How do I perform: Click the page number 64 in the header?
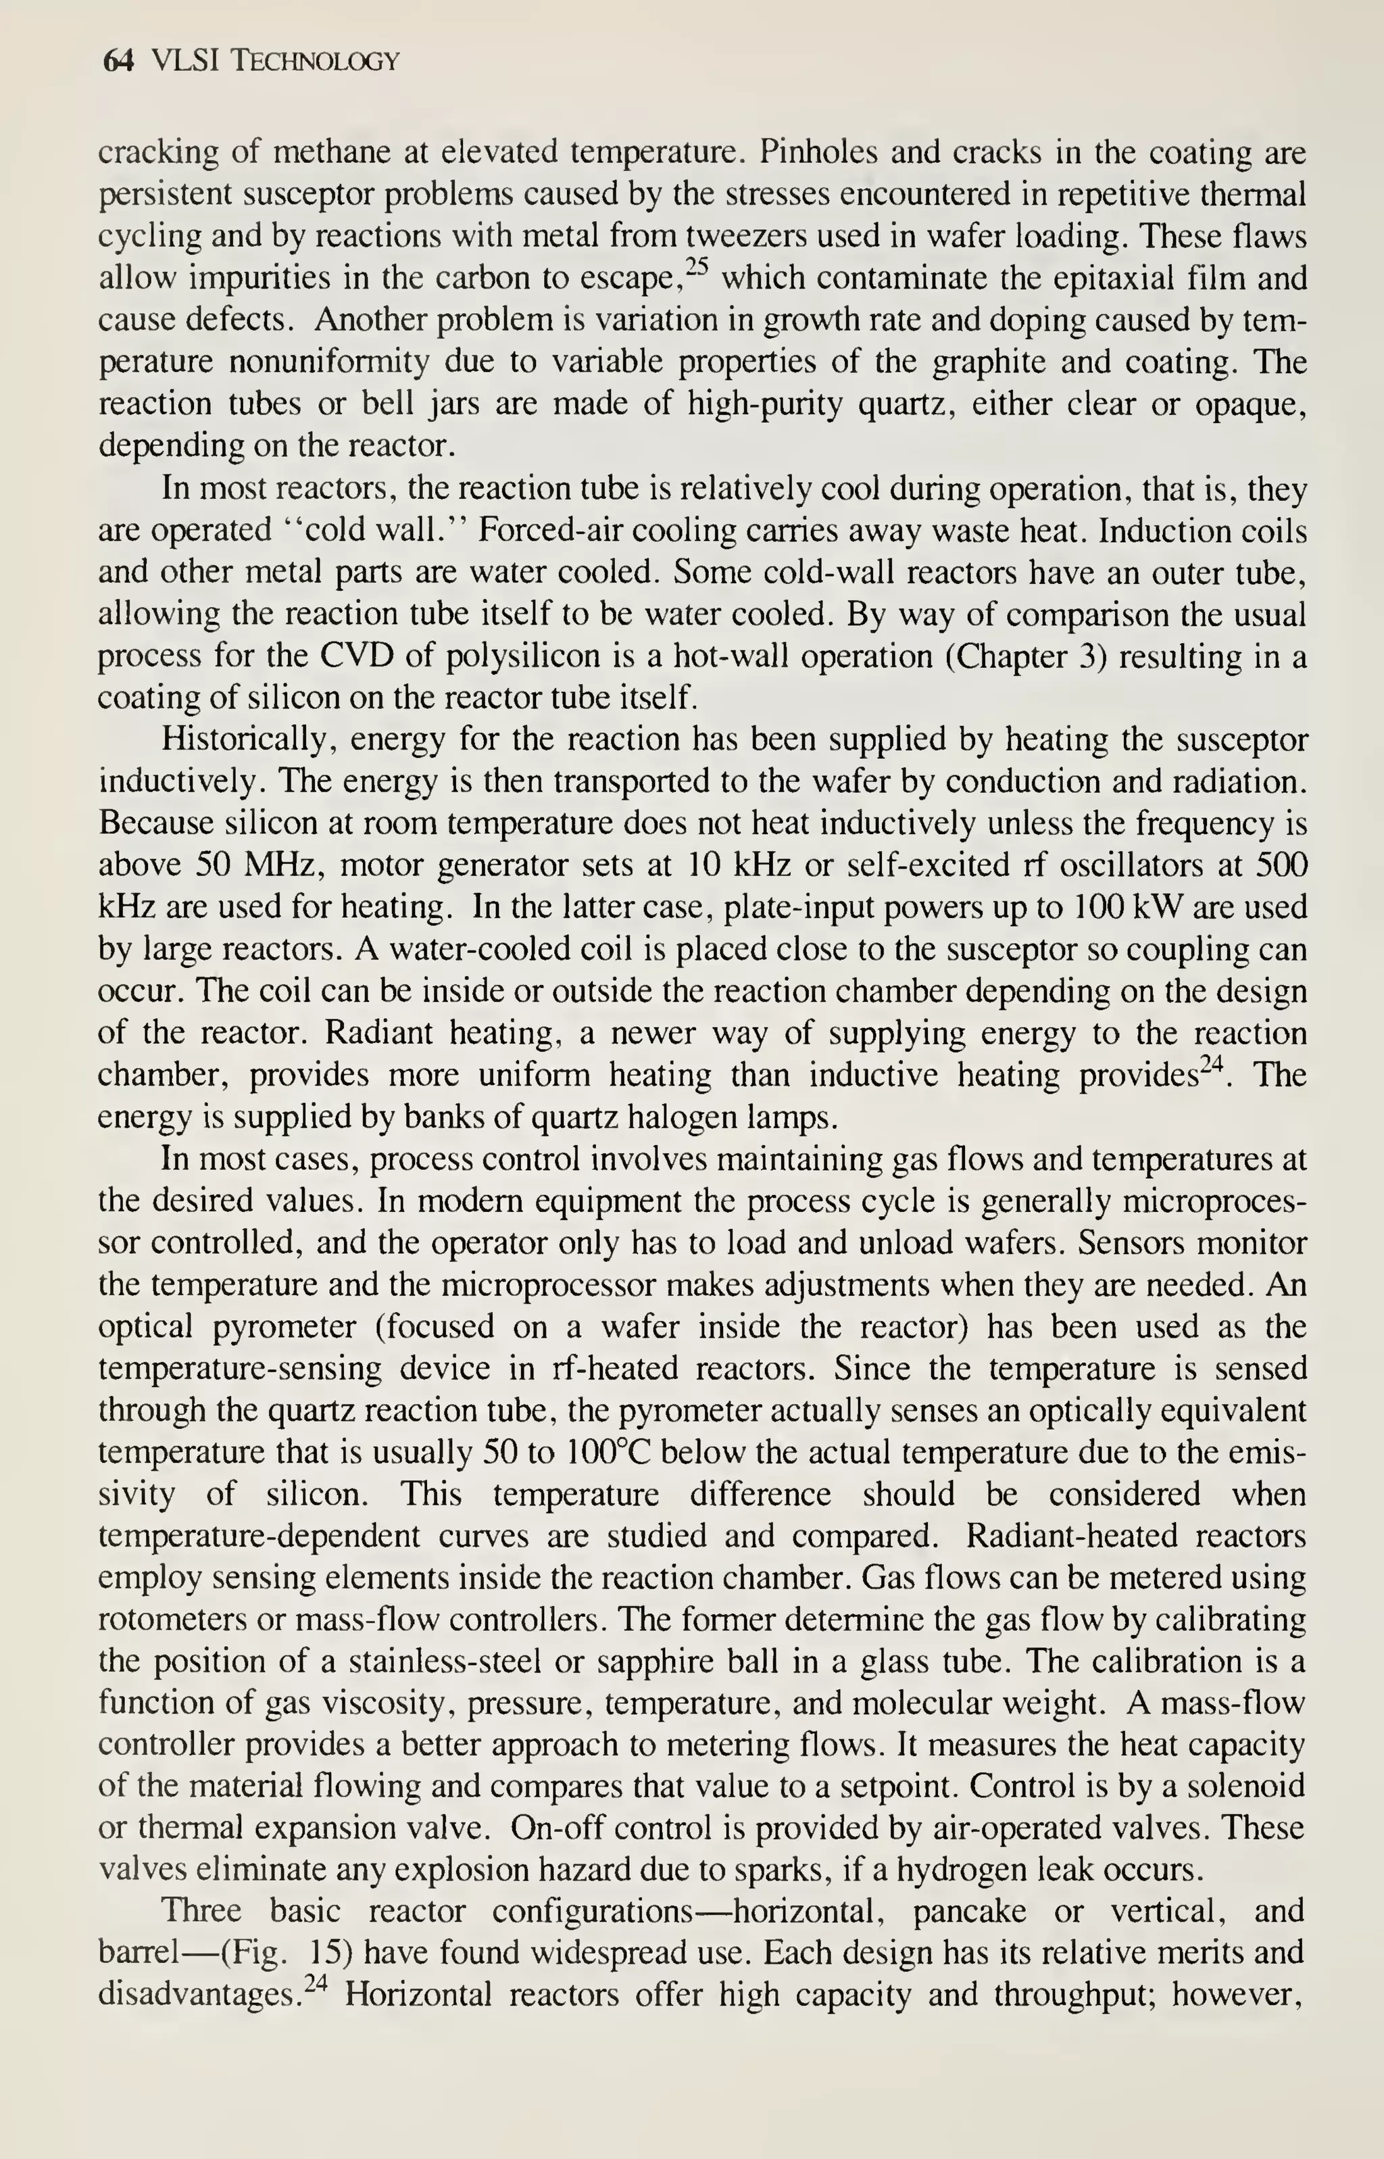(x=118, y=61)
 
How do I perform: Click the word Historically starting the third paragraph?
(x=248, y=739)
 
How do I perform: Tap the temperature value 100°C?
(x=616, y=1453)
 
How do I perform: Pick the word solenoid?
(x=1240, y=1786)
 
